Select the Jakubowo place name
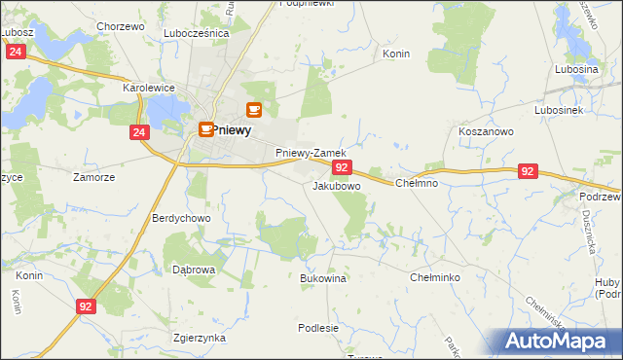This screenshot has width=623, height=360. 337,185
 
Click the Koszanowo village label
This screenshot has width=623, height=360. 486,130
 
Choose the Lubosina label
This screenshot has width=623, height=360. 576,70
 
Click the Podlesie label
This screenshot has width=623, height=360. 318,328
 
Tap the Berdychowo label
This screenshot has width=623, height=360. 181,219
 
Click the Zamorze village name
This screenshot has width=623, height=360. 94,177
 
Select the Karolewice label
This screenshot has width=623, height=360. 148,88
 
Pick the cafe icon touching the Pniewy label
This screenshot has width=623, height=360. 206,128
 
